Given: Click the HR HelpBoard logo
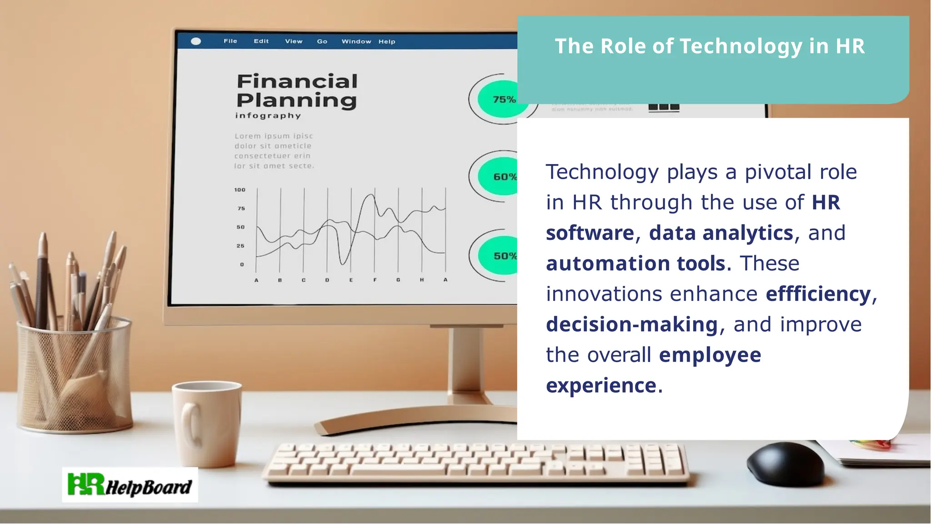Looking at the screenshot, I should [x=130, y=485].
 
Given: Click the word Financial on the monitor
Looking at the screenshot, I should [x=297, y=82].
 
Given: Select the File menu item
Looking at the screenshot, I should [x=230, y=41].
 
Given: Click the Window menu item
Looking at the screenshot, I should [x=356, y=41].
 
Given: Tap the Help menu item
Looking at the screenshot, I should [x=387, y=41].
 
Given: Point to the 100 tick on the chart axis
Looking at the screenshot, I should [x=240, y=190].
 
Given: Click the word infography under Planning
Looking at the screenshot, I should [x=268, y=115].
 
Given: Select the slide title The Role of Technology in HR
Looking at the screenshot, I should [x=710, y=46].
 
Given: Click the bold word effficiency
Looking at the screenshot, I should [x=818, y=294].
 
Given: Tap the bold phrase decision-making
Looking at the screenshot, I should [x=632, y=324].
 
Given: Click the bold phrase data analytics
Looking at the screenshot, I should [x=721, y=233].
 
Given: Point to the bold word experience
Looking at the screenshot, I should [x=601, y=385].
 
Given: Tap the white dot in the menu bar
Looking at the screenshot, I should [x=196, y=41].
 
